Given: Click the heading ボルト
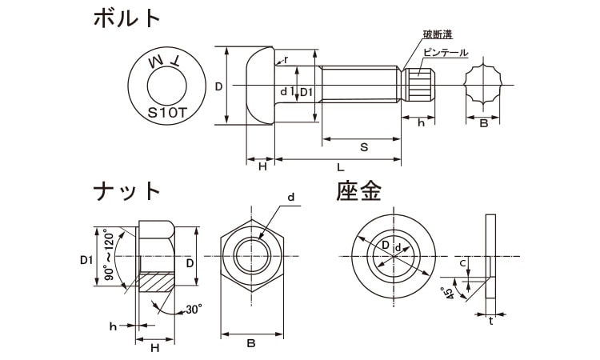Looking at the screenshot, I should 127,18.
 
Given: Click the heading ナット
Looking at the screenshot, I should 127,191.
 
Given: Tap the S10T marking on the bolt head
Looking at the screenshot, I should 168,114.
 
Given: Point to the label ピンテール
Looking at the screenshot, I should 446,52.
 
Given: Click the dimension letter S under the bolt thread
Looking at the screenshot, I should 363,148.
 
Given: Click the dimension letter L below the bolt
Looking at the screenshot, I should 342,167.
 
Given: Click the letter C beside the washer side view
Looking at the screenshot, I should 463,262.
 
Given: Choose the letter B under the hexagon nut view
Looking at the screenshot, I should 251,343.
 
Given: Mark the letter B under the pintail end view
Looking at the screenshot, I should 483,124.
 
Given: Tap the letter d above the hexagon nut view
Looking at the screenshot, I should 290,197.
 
